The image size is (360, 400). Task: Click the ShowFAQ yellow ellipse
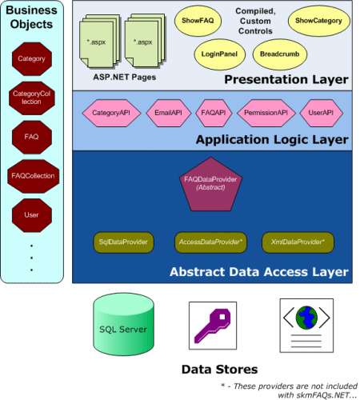pyautogui.click(x=198, y=21)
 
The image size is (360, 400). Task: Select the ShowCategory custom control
pyautogui.click(x=318, y=21)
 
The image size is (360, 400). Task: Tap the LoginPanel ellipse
pyautogui.click(x=219, y=54)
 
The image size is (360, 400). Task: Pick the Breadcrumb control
pyautogui.click(x=280, y=54)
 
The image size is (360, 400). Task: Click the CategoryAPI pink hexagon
pyautogui.click(x=111, y=113)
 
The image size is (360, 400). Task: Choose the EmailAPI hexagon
pyautogui.click(x=169, y=113)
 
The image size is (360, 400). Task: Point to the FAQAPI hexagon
pyautogui.click(x=214, y=113)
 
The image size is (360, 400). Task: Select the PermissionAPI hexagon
pyautogui.click(x=266, y=113)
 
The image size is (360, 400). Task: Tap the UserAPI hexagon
pyautogui.click(x=321, y=113)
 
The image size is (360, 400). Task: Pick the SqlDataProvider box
pyautogui.click(x=123, y=242)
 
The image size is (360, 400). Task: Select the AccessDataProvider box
pyautogui.click(x=210, y=242)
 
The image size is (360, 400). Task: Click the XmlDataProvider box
pyautogui.click(x=298, y=242)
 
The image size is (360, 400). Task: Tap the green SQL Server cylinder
pyautogui.click(x=123, y=324)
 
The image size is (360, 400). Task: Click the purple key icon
pyautogui.click(x=213, y=326)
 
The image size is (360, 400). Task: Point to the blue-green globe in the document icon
pyautogui.click(x=306, y=318)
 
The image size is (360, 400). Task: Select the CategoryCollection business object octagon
pyautogui.click(x=32, y=98)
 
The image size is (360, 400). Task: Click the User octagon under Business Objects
pyautogui.click(x=32, y=215)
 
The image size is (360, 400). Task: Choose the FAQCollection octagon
pyautogui.click(x=33, y=176)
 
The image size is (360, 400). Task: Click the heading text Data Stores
pyautogui.click(x=219, y=370)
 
